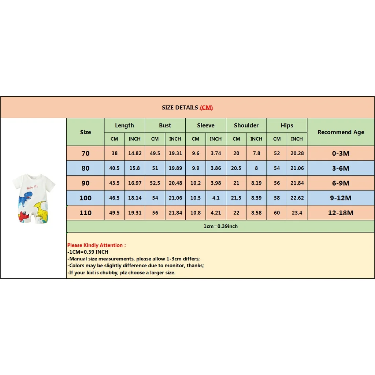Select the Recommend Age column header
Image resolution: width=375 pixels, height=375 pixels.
(341, 132)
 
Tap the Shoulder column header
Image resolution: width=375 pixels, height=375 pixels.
(246, 125)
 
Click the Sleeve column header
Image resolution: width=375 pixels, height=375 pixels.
(205, 125)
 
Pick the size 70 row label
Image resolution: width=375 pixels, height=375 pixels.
(85, 153)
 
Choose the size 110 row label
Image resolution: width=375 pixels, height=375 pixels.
(85, 213)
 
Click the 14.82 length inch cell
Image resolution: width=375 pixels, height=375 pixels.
(134, 153)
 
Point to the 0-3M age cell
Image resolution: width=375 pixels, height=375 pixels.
(341, 153)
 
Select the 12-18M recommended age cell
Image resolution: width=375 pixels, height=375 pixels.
(341, 213)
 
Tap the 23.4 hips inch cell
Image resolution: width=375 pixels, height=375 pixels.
(297, 213)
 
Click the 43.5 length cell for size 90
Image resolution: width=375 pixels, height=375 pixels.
(114, 183)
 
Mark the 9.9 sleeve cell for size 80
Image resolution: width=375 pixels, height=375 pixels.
(196, 168)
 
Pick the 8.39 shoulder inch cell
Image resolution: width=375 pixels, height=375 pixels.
(256, 198)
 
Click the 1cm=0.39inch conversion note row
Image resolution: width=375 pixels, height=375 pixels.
(220, 226)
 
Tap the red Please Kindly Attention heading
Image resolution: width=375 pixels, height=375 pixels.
(96, 245)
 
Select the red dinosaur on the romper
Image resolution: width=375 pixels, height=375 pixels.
(24, 216)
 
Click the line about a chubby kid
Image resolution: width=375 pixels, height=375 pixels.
(121, 273)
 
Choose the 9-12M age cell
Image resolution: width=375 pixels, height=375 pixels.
(341, 198)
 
